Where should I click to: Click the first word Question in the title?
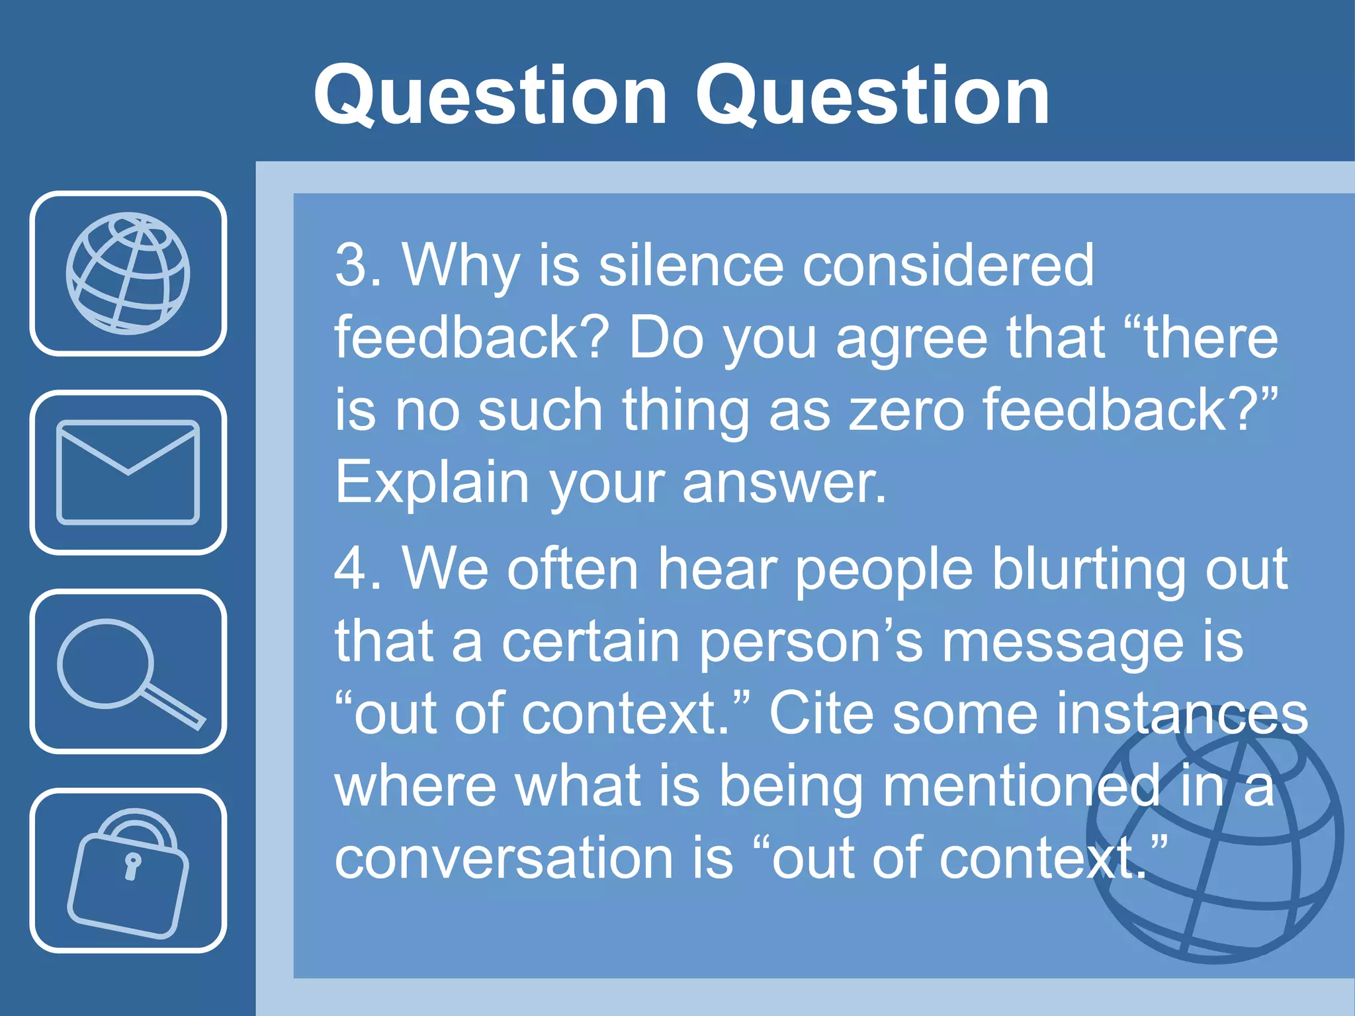click(x=490, y=96)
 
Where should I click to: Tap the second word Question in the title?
click(x=871, y=96)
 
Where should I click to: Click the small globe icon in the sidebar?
click(x=128, y=273)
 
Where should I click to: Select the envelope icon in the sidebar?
click(x=128, y=472)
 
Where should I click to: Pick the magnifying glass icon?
click(x=128, y=671)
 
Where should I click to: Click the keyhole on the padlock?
click(x=132, y=866)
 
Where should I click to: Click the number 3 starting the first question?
click(x=351, y=266)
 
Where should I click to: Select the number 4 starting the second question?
click(x=351, y=570)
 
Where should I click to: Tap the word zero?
click(x=906, y=411)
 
